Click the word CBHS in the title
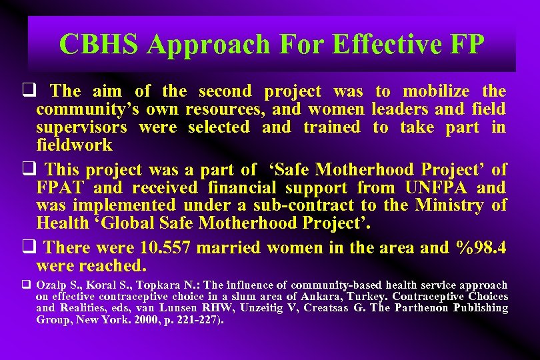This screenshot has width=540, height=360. coord(99,45)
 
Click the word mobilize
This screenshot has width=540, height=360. coord(436,91)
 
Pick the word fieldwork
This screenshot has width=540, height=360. coord(74,145)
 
